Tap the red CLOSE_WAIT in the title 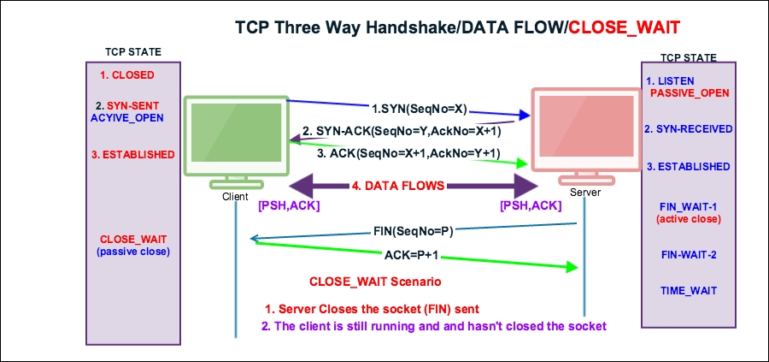pyautogui.click(x=624, y=27)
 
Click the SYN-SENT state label pyautogui.click(x=127, y=104)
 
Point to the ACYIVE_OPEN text pyautogui.click(x=127, y=117)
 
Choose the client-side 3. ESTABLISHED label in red pyautogui.click(x=132, y=155)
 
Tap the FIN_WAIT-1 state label pyautogui.click(x=689, y=206)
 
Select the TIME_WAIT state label pyautogui.click(x=688, y=290)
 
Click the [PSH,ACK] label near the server pyautogui.click(x=530, y=206)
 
